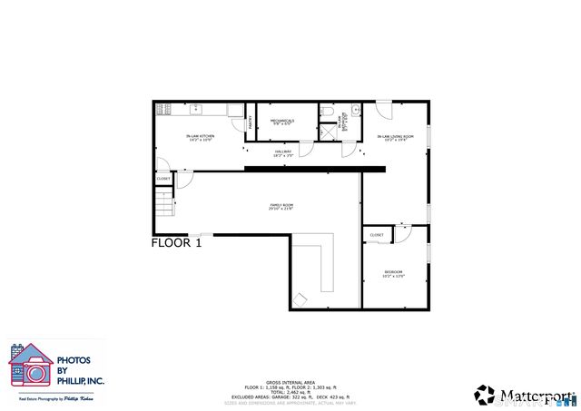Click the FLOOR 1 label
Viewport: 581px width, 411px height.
click(x=176, y=243)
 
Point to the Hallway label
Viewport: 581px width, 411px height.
click(x=283, y=153)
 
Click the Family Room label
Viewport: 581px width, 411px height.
click(x=281, y=207)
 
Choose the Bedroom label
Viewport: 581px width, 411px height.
click(x=393, y=274)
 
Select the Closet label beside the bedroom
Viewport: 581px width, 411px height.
click(x=377, y=235)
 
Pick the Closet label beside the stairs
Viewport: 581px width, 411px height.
click(x=163, y=179)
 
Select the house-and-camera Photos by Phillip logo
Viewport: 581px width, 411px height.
click(x=30, y=367)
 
